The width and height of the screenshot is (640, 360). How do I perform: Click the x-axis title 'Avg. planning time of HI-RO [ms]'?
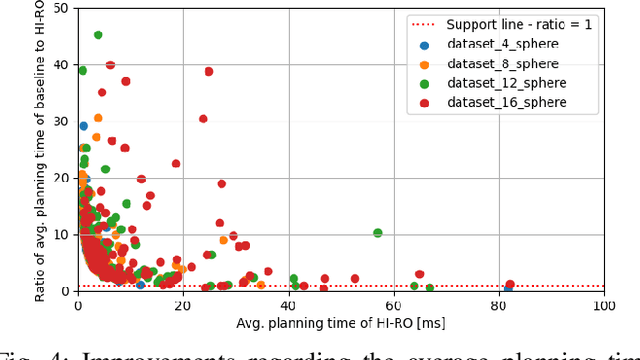341,325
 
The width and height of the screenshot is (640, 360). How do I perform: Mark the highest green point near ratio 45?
98,35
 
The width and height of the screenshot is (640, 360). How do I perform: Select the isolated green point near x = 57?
378,232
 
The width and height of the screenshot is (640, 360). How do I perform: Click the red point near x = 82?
510,285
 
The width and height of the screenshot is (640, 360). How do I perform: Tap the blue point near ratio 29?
84,126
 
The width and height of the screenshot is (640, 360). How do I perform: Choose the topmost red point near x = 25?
209,72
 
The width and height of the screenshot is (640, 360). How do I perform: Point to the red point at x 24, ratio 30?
203,119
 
